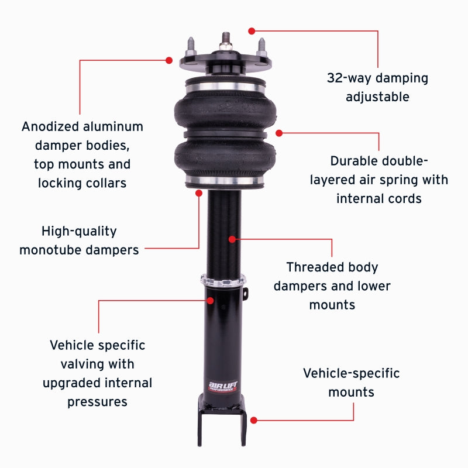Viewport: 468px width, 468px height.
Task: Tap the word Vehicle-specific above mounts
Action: coord(351,373)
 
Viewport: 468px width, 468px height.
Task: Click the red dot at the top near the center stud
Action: coord(252,30)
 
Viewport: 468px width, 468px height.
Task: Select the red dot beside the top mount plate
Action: coord(169,60)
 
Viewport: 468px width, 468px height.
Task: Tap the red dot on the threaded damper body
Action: coord(232,239)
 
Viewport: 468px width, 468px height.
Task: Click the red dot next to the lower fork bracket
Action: coord(254,419)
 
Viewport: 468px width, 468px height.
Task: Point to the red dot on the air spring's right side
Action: coord(280,133)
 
